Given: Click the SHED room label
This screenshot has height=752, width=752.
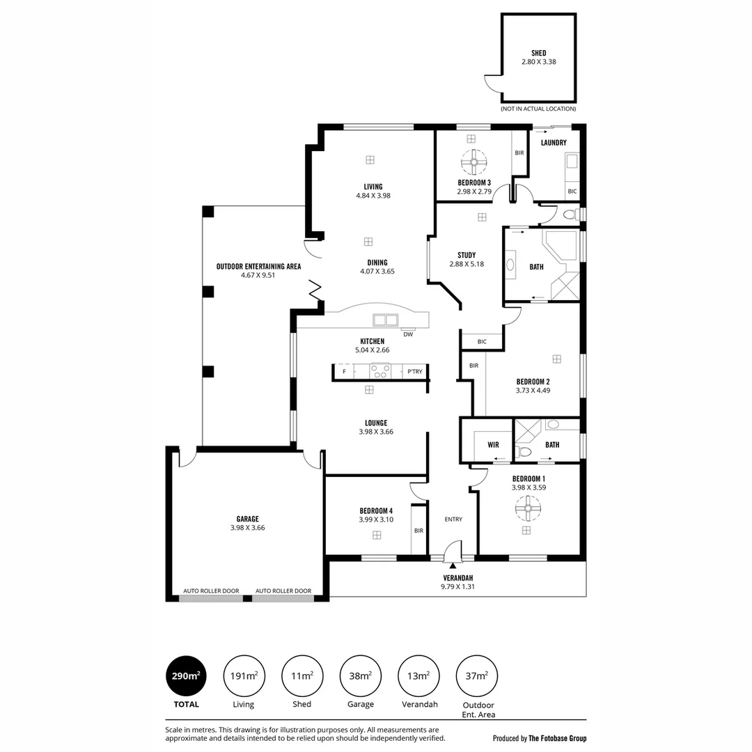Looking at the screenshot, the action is (538, 53).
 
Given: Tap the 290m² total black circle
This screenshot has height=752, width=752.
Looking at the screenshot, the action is (186, 675).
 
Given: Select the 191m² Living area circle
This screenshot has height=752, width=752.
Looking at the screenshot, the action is (244, 675).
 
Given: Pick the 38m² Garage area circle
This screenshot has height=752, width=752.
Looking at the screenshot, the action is (360, 675).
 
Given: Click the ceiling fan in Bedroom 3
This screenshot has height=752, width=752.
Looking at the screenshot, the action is (474, 162).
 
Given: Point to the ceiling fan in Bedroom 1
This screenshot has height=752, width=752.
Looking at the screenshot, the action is (528, 508).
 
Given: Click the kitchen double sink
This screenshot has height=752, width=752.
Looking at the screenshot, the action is (386, 320).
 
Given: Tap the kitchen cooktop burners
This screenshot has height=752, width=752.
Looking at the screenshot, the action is (380, 371).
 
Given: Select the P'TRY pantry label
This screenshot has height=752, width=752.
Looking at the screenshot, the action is (415, 372).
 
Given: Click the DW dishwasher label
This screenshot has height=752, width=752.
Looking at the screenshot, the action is (408, 334).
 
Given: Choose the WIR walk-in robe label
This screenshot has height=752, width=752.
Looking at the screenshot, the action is (493, 445).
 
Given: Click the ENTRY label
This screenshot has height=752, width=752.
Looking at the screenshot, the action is (453, 519).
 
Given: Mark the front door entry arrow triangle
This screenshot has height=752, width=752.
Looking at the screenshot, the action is (453, 566).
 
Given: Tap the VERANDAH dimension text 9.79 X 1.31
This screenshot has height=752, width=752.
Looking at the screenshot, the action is (457, 586).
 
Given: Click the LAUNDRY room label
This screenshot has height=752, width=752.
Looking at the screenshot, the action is (554, 143).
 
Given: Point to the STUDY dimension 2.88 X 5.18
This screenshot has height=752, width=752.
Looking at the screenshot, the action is (467, 265).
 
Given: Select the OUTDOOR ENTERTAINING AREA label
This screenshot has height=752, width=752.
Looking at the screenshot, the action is (258, 267).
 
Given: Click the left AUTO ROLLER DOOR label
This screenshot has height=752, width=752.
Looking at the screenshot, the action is (211, 591).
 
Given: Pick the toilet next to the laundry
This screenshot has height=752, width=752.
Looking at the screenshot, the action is (571, 214).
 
